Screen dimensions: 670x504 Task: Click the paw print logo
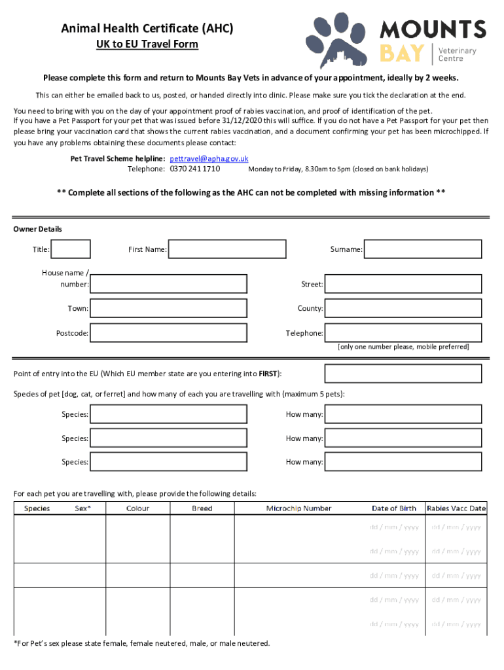[x=338, y=37]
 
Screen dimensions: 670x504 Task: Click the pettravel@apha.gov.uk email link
[x=209, y=159]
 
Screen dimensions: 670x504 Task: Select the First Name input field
[x=227, y=249]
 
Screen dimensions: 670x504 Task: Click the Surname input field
[x=423, y=249]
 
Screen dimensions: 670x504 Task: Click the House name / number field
[x=168, y=284]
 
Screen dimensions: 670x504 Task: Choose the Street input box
[x=403, y=284]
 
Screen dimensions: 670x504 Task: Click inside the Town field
[x=168, y=308]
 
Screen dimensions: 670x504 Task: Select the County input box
[x=403, y=308]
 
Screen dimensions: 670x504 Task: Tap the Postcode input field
[x=168, y=333]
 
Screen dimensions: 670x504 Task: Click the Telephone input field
[x=403, y=333]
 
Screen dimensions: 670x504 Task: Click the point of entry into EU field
[x=403, y=374]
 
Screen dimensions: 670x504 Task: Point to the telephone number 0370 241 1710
[x=195, y=169]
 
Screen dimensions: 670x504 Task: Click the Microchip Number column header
[x=298, y=508]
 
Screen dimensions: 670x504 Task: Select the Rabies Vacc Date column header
[x=456, y=508]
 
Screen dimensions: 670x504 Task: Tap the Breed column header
[x=202, y=508]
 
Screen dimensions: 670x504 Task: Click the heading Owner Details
[x=38, y=229]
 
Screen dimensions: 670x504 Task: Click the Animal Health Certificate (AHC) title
[x=147, y=28]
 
